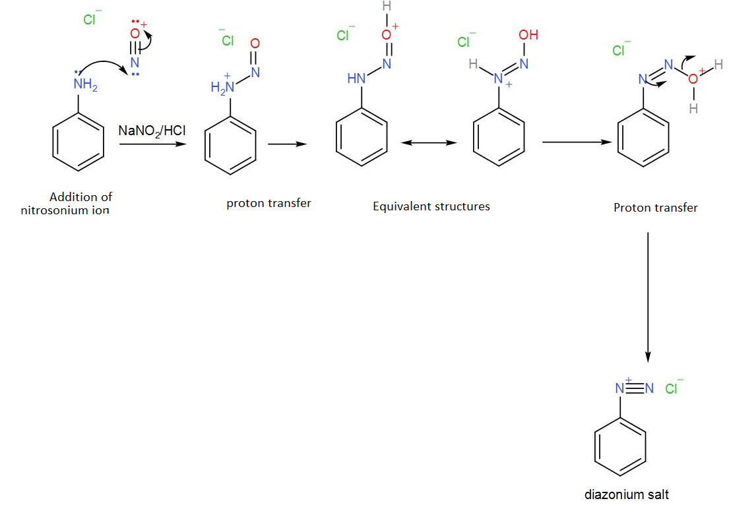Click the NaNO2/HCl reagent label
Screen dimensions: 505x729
tap(152, 131)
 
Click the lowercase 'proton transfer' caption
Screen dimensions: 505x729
tap(269, 203)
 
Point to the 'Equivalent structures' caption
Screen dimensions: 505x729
tap(431, 206)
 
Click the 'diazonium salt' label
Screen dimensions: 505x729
tap(626, 494)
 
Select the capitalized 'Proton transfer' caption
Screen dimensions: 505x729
tap(655, 208)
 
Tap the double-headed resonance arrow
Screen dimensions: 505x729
tap(429, 142)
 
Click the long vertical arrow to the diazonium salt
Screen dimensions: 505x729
tap(648, 297)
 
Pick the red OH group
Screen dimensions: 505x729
tap(528, 35)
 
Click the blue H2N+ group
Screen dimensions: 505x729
tap(222, 87)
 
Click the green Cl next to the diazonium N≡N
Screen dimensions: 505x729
tap(672, 388)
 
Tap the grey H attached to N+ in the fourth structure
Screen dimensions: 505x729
tap(473, 65)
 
